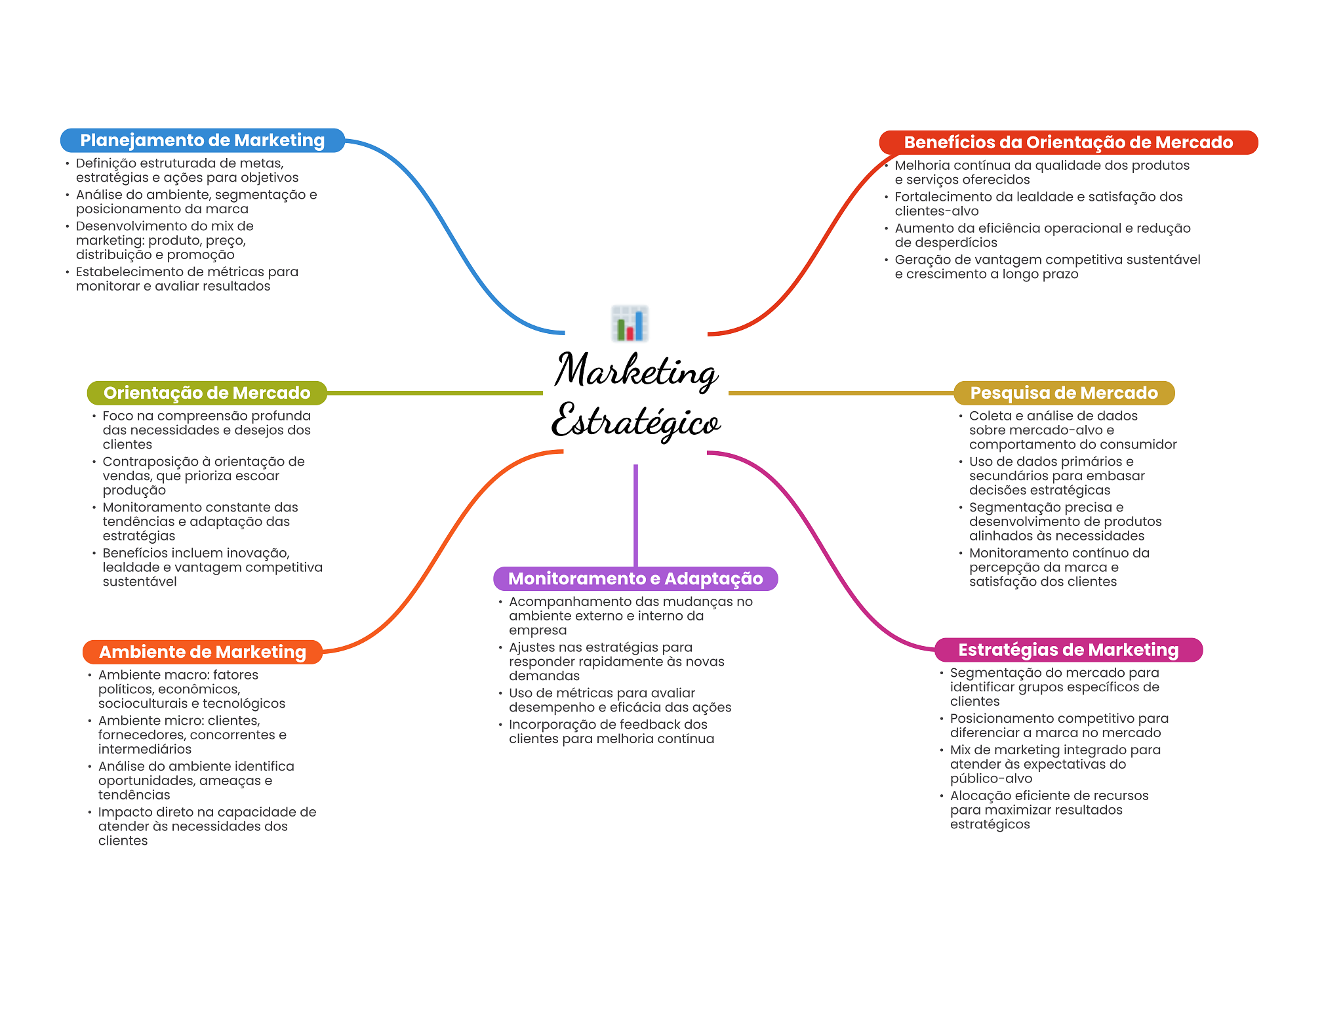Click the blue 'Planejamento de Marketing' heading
203,140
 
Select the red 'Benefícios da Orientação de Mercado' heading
1068,142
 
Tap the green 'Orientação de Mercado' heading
207,393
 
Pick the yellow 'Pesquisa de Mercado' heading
1064,393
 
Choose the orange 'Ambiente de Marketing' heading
203,652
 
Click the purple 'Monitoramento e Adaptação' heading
635,578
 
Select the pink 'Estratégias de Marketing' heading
1068,650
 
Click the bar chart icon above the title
630,323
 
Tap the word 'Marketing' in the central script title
636,371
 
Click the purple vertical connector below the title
635,515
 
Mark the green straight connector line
435,393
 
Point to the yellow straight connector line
841,393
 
